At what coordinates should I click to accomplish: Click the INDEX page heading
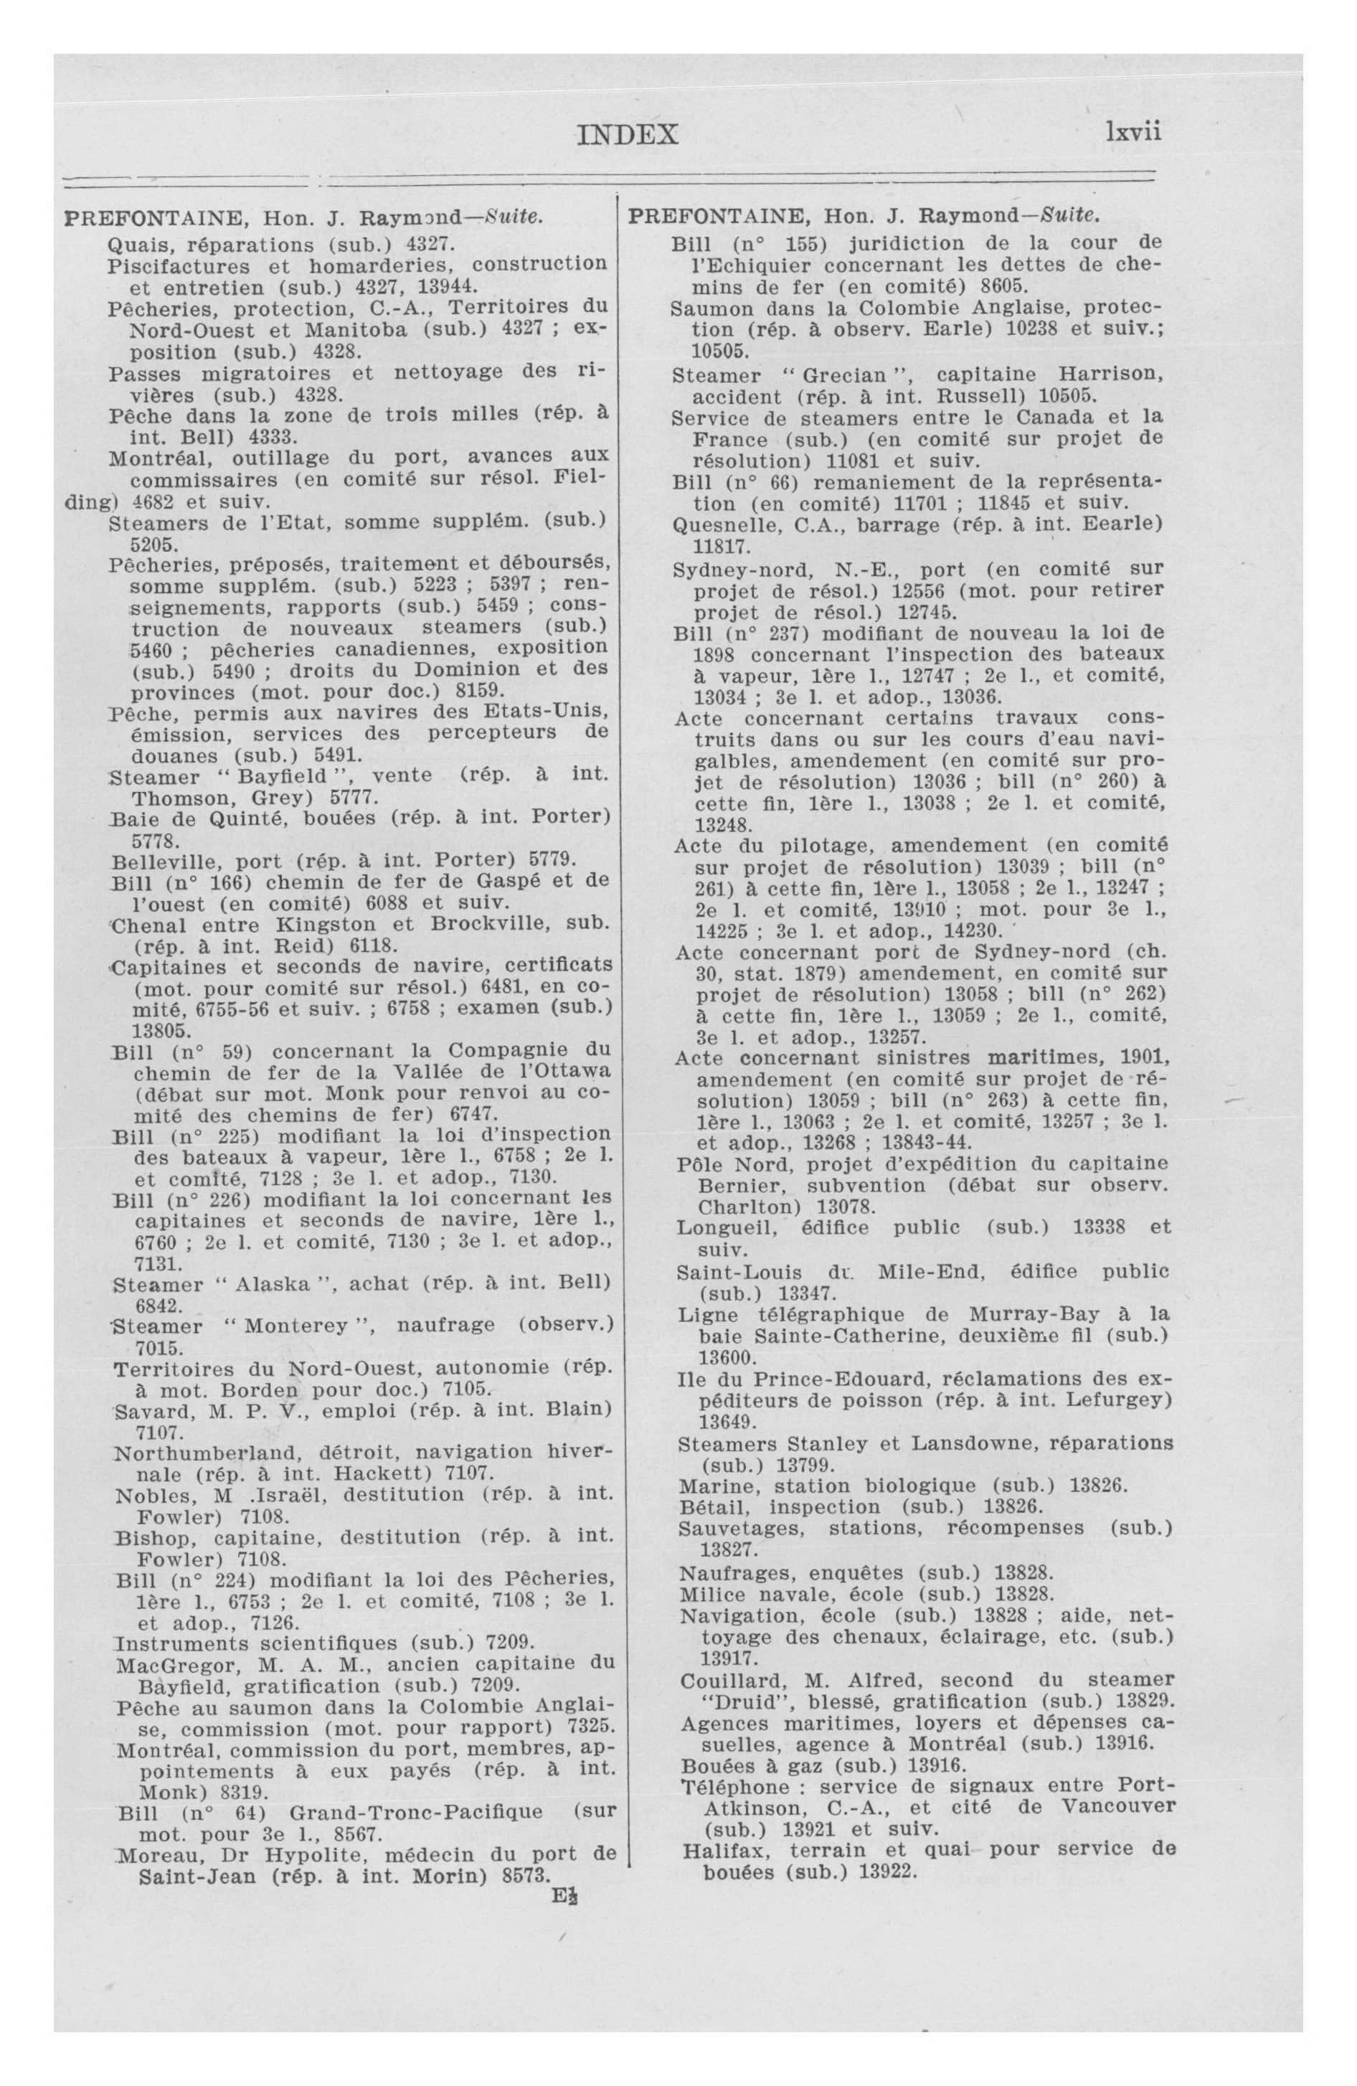628,134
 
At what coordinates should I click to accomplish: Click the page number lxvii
1133,131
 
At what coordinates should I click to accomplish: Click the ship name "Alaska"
276,1284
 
